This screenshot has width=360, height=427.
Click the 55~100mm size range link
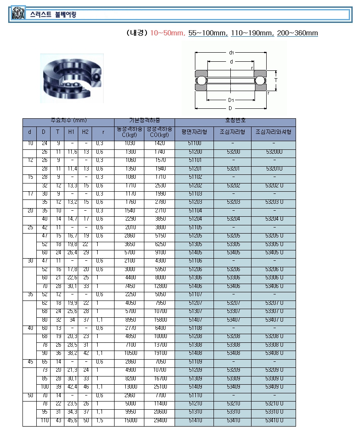[208, 33]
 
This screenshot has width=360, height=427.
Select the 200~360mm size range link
[297, 33]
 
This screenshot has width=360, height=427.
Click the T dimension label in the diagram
[275, 80]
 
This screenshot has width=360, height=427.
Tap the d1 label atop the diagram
[232, 53]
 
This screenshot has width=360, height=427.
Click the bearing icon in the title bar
[18, 14]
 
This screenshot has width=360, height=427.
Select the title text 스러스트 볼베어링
[53, 15]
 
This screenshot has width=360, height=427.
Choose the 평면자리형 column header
[194, 132]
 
